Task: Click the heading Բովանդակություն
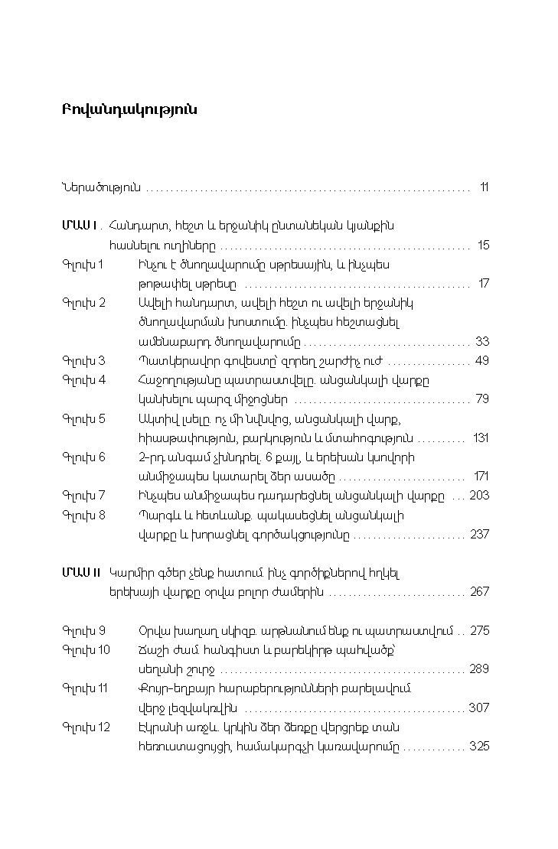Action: coord(129,109)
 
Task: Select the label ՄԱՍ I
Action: coord(79,226)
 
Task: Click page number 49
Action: coord(481,360)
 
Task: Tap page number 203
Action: coord(479,496)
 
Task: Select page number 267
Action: coord(479,592)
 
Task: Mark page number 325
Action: coord(479,746)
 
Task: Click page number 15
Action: coord(483,246)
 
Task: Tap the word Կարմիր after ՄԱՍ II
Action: coord(131,572)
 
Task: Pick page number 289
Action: coord(479,668)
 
